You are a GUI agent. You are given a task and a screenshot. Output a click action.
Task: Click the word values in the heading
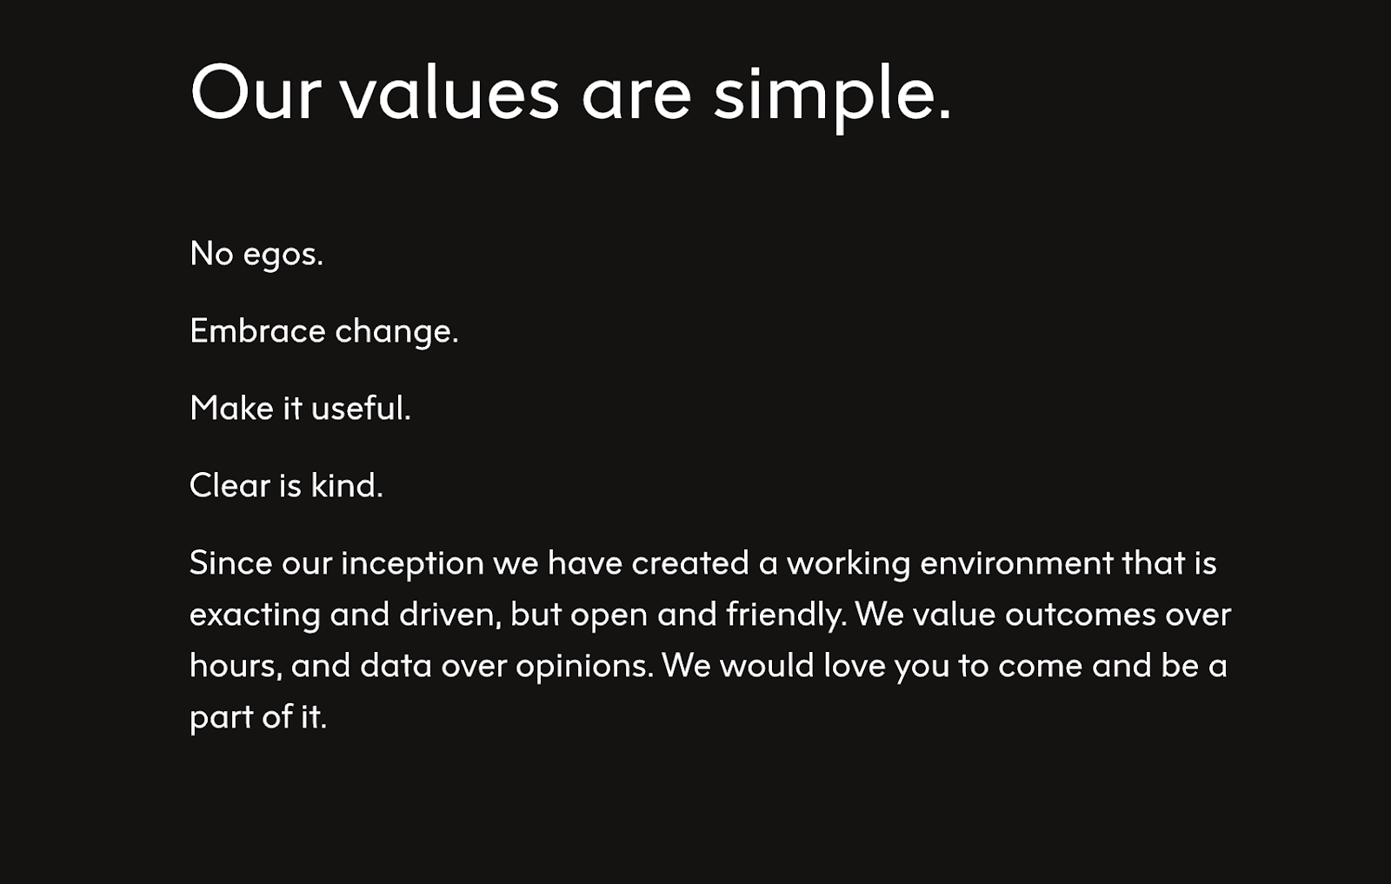[449, 93]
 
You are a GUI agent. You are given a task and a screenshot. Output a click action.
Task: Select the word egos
[283, 256]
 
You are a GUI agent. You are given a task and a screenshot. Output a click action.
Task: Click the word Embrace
[257, 330]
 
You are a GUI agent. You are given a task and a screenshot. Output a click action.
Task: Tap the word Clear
[230, 485]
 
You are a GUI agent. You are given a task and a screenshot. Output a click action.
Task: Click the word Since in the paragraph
[231, 562]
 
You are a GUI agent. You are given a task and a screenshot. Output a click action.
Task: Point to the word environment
[1016, 562]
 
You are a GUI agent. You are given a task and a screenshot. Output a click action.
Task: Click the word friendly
[786, 615]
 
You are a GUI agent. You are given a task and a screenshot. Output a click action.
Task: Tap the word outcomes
[1081, 615]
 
